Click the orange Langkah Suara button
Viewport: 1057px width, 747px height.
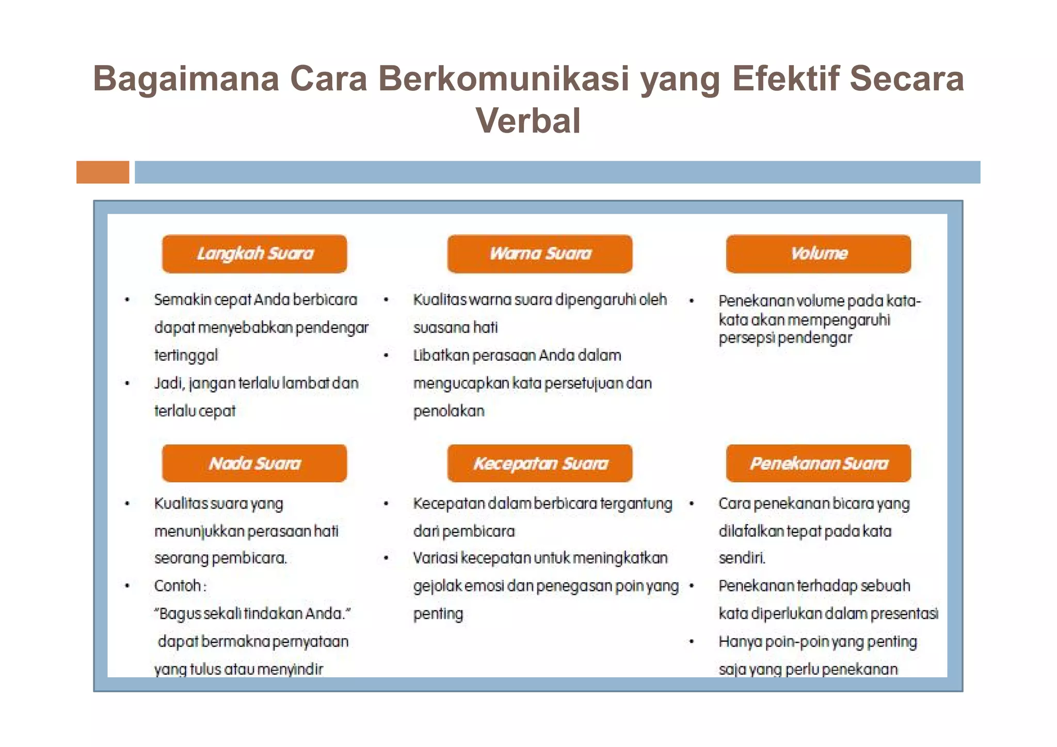tap(254, 253)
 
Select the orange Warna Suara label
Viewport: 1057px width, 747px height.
tap(539, 253)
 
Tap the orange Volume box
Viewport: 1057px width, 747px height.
tap(818, 253)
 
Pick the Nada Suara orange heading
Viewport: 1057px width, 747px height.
tap(254, 463)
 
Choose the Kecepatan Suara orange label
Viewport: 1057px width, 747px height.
tap(539, 463)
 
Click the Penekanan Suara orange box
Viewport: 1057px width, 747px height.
tap(818, 463)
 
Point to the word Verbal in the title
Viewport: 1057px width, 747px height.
tap(528, 121)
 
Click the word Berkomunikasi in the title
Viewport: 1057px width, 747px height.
tap(503, 78)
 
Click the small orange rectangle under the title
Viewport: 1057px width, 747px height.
tap(103, 172)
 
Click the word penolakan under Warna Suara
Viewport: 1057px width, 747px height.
tap(449, 411)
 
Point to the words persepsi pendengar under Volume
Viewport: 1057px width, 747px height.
tap(784, 338)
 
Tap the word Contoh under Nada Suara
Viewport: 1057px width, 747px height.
tap(178, 585)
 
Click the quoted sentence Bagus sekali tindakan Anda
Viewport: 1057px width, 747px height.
tap(252, 613)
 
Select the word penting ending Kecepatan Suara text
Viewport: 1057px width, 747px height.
tap(438, 613)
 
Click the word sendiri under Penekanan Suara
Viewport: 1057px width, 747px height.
tap(742, 558)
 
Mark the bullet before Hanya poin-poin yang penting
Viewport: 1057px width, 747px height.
tap(692, 641)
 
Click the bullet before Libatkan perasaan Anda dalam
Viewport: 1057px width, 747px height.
tap(386, 355)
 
